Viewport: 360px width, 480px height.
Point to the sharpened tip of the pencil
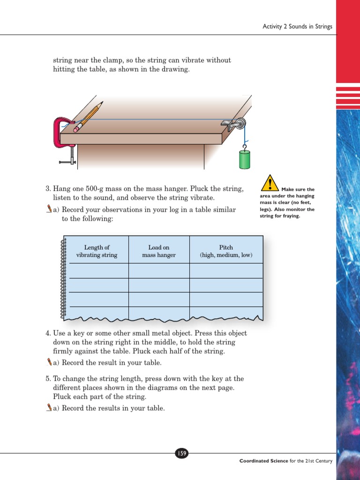click(x=102, y=103)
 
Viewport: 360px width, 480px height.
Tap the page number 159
click(x=181, y=453)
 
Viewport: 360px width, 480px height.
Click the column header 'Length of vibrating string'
click(x=97, y=251)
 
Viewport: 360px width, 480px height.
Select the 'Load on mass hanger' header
click(x=159, y=251)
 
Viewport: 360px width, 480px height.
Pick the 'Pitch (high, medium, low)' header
click(x=226, y=251)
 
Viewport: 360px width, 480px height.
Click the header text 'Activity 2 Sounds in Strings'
click(x=297, y=27)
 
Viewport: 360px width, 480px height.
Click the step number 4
click(x=48, y=333)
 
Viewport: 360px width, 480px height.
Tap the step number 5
click(x=48, y=379)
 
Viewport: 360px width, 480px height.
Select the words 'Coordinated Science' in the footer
click(x=263, y=461)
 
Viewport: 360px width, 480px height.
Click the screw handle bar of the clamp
click(x=67, y=162)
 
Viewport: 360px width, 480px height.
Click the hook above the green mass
click(x=244, y=146)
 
